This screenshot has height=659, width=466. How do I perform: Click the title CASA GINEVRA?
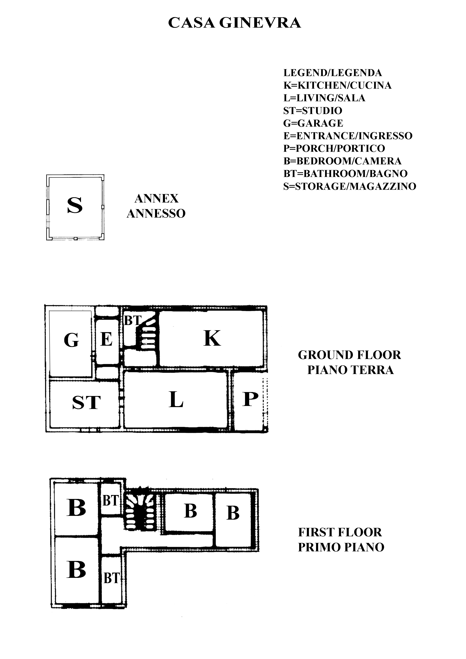tap(234, 23)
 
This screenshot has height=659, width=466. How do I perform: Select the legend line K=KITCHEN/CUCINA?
tap(337, 85)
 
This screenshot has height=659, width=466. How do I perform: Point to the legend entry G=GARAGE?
tap(313, 123)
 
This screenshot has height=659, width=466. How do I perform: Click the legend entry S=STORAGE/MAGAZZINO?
tap(350, 186)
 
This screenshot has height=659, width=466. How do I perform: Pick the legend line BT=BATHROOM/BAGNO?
tap(345, 174)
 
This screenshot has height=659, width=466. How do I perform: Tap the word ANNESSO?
tap(156, 214)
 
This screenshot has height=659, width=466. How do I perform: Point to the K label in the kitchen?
tap(212, 338)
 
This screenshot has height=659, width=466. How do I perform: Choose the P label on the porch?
tap(250, 399)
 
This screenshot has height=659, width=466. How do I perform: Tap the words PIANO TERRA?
tap(350, 370)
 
